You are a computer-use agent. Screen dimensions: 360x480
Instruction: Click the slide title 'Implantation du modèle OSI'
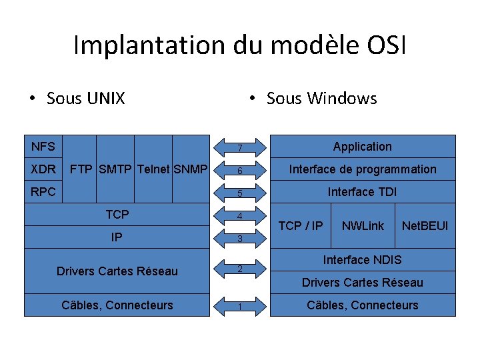coord(239,45)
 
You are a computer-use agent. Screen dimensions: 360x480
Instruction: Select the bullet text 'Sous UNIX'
coord(85,99)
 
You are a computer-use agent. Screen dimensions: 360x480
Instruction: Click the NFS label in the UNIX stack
coord(43,146)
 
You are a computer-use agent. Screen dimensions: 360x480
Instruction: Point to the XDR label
coord(43,169)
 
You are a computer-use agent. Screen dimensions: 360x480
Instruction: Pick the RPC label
coord(43,191)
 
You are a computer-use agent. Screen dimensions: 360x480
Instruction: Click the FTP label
coord(82,169)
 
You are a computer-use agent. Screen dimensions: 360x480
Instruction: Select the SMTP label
coord(116,169)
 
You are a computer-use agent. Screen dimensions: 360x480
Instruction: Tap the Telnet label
coord(153,169)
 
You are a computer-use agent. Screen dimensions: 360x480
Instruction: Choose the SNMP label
coord(191,169)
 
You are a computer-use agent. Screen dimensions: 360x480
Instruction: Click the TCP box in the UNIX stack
coord(117,214)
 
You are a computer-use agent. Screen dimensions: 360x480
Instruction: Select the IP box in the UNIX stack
coord(117,237)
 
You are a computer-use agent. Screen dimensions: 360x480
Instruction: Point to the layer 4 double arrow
coord(239,216)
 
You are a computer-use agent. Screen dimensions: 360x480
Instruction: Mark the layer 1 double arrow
coord(239,307)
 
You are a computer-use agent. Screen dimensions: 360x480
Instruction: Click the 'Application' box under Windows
coord(362,146)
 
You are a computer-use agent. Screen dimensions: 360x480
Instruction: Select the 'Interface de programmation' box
coord(362,169)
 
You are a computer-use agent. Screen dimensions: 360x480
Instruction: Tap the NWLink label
coord(363,225)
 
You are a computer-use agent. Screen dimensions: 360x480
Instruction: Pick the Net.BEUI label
coord(425,225)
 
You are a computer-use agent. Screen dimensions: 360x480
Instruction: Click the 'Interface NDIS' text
coord(362,259)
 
